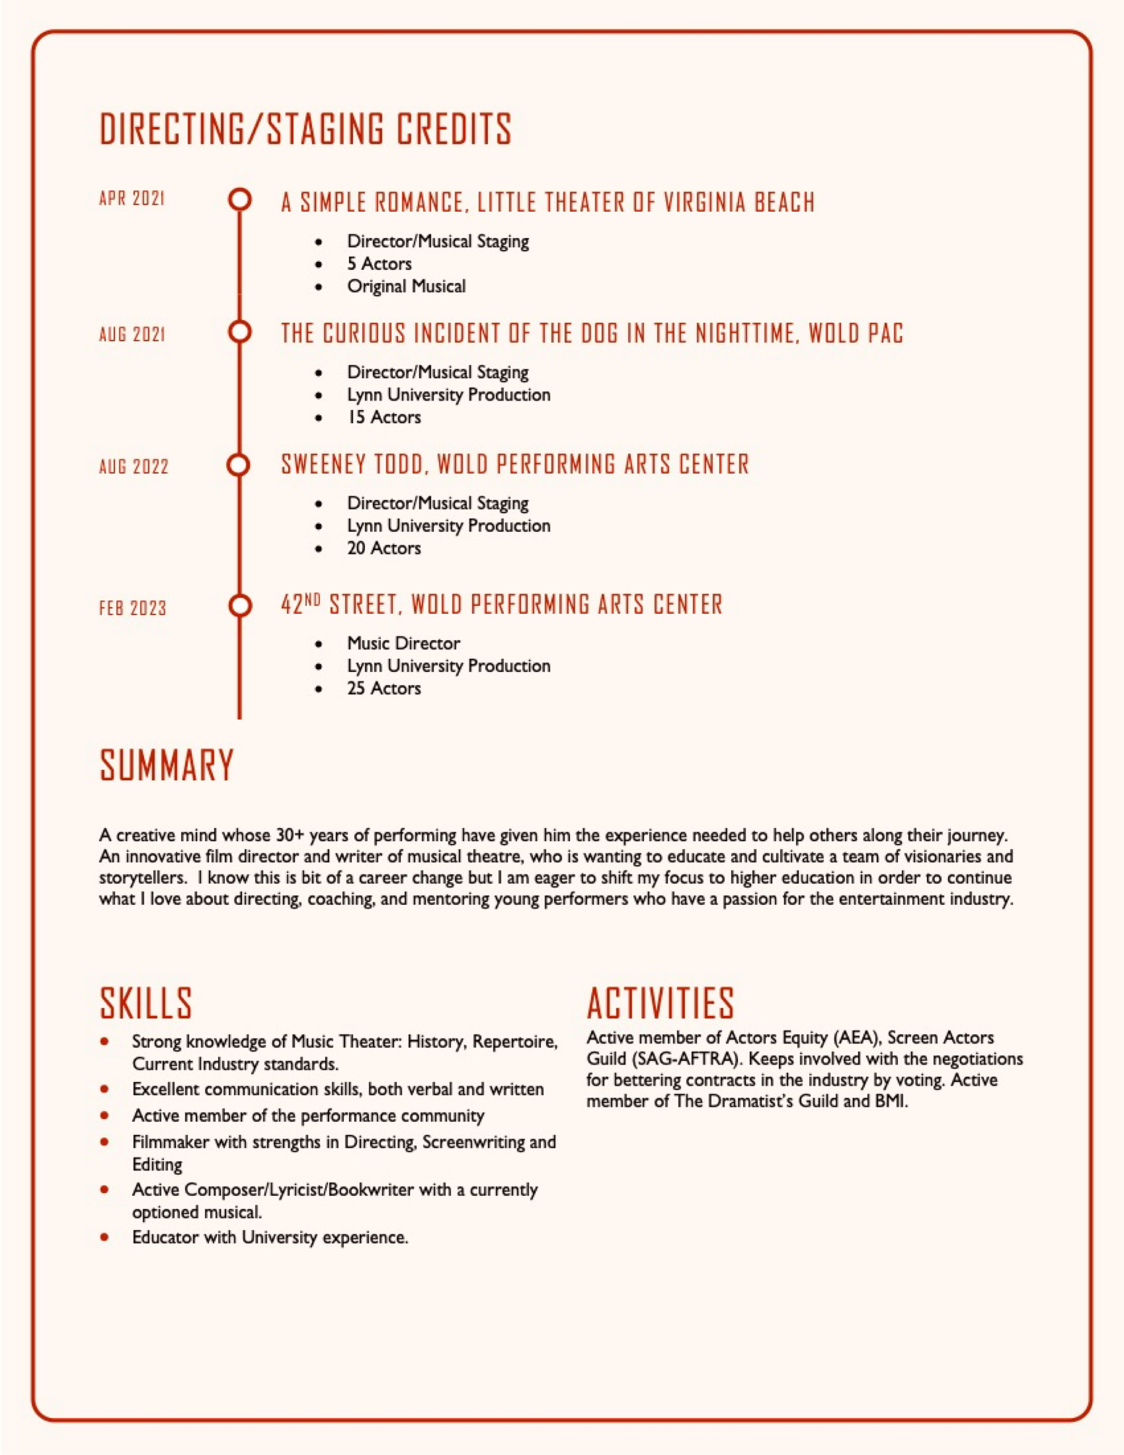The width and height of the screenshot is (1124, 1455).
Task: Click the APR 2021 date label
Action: tap(132, 199)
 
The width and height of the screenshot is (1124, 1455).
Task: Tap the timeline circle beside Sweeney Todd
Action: tap(239, 465)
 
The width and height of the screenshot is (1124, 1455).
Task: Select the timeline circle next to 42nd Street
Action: tap(239, 606)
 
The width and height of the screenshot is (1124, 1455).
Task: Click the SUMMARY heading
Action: tap(167, 766)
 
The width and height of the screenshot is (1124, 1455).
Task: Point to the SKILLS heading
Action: tap(146, 1003)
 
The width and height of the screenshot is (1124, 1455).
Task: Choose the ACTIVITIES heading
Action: tap(660, 1003)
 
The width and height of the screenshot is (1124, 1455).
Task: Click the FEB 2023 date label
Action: tap(133, 608)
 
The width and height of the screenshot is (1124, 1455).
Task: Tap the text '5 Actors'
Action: tap(379, 264)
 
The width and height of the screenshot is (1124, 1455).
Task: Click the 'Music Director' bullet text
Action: tap(403, 643)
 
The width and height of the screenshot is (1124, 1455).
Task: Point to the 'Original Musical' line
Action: tap(406, 286)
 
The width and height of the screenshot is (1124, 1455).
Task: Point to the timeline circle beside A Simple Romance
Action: tap(239, 199)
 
